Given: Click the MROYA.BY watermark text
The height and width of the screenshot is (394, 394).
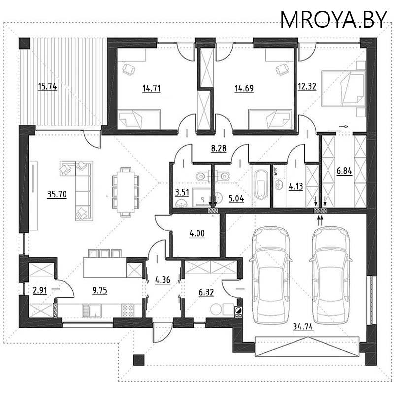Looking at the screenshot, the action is (333, 19).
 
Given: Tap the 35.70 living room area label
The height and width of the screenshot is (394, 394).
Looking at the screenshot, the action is (57, 194).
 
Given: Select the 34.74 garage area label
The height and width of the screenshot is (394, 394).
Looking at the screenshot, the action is (303, 327).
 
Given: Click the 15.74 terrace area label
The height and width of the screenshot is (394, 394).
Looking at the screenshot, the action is (47, 86).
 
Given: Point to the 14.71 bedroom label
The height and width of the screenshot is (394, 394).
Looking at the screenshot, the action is (151, 88).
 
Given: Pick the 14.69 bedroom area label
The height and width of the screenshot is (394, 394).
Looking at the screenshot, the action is (244, 88).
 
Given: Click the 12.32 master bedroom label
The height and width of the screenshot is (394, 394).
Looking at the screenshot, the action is (307, 86).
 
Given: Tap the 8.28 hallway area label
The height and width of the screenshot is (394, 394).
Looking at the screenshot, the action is (219, 148).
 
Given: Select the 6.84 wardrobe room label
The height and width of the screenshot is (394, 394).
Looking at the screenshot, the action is (344, 171).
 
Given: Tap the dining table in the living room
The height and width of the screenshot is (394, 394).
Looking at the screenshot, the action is (126, 192).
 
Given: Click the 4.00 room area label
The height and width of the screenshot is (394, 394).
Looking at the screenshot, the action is (197, 233).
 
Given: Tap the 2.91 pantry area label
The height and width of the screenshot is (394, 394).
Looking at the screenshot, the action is (40, 290).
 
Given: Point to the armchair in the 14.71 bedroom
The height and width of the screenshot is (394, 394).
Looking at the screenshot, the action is (129, 69).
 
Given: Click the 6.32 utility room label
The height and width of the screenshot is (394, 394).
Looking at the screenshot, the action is (206, 292).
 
